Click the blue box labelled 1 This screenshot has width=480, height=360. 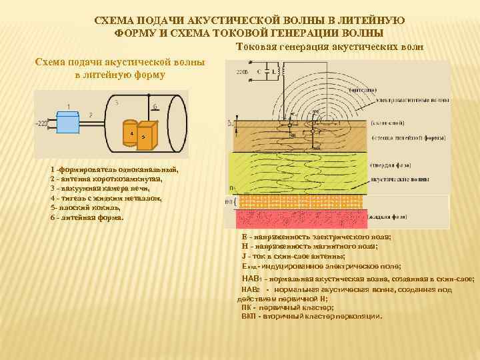(x=69, y=123)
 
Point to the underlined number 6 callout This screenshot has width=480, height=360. (x=155, y=106)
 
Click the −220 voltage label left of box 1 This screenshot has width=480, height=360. (x=42, y=123)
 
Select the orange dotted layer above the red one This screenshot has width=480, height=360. (x=300, y=201)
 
